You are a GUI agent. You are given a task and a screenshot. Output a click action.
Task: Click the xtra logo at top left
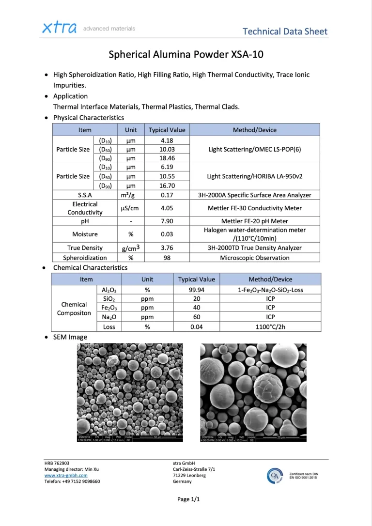pyautogui.click(x=59, y=28)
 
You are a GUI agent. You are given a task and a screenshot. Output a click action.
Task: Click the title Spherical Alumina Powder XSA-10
pyautogui.click(x=186, y=54)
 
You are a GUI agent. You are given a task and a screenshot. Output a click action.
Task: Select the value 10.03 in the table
pyautogui.click(x=167, y=149)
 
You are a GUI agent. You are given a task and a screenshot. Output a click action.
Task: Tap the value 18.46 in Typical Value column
pyautogui.click(x=167, y=158)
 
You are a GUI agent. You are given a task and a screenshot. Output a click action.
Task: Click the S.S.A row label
pyautogui.click(x=85, y=195)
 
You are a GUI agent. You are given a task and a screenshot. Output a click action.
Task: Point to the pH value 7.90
pyautogui.click(x=167, y=221)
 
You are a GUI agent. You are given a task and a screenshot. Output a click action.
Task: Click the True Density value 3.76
pyautogui.click(x=167, y=248)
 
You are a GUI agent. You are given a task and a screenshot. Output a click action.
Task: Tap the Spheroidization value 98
pyautogui.click(x=167, y=258)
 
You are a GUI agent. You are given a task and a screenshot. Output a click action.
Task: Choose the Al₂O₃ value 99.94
pyautogui.click(x=197, y=290)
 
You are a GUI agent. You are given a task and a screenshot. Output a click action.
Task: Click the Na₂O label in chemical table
pyautogui.click(x=109, y=317)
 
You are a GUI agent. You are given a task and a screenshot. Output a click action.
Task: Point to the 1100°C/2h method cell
pyautogui.click(x=270, y=326)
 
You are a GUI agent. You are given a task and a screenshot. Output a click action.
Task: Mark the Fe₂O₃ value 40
pyautogui.click(x=197, y=308)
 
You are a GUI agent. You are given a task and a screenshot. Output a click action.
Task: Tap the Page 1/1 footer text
pyautogui.click(x=188, y=499)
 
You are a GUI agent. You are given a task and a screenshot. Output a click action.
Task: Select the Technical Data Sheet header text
pyautogui.click(x=285, y=31)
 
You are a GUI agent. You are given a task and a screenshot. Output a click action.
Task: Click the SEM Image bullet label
pyautogui.click(x=70, y=337)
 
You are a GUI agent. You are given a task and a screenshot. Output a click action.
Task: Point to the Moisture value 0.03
pyautogui.click(x=167, y=234)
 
